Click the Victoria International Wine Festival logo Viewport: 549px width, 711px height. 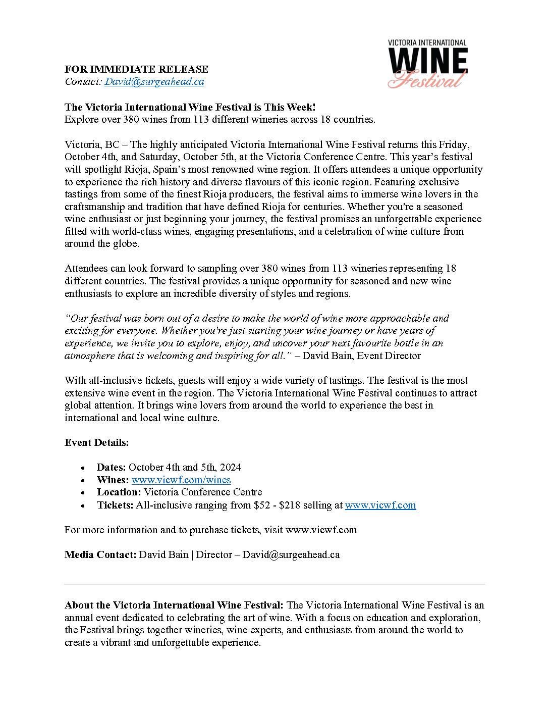(427, 64)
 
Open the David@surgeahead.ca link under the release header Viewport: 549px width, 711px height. (154, 82)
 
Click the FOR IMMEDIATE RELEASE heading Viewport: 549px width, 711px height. (136, 69)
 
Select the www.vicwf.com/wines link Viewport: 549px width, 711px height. (181, 480)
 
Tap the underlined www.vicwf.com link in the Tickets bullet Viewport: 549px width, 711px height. (380, 505)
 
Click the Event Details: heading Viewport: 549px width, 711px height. (96, 442)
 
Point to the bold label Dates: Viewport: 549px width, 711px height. (111, 467)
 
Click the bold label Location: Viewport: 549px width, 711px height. (119, 492)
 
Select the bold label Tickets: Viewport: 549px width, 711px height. (115, 505)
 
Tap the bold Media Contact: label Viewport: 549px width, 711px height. (100, 554)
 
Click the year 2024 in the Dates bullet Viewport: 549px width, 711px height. (231, 467)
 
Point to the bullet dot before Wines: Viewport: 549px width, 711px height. (83, 481)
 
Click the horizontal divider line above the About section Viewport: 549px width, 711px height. (274, 584)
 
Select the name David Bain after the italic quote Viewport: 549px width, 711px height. (327, 355)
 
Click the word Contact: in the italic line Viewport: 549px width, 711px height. (83, 82)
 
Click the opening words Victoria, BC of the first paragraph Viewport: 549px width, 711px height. (92, 144)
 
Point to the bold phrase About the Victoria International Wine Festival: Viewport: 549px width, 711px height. (174, 605)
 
